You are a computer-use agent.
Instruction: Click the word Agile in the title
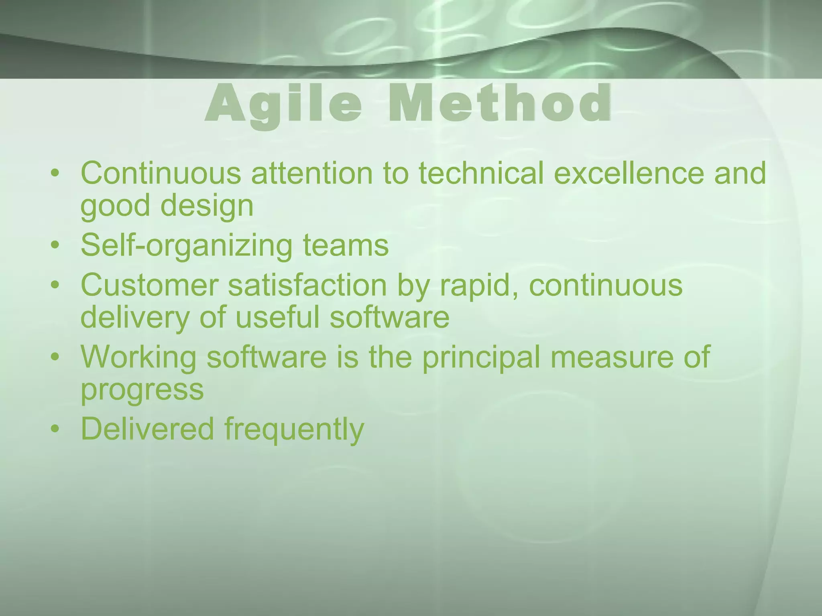coord(283,105)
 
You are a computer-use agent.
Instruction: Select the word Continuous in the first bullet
coord(161,173)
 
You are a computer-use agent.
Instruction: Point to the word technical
coord(481,173)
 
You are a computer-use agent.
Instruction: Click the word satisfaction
coord(307,285)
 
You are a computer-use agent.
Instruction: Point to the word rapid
coord(479,286)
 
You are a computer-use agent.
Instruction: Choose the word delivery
coord(134,318)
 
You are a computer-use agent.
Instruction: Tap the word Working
coord(138,358)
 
